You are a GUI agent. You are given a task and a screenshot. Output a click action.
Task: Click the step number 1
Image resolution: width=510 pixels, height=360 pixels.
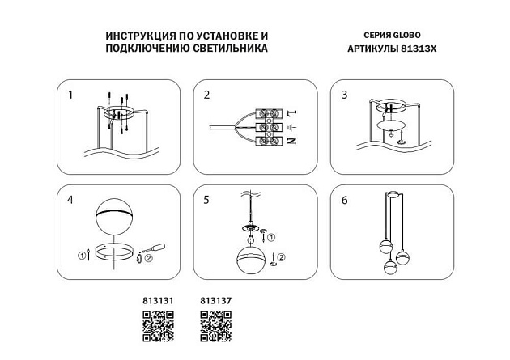[70, 95]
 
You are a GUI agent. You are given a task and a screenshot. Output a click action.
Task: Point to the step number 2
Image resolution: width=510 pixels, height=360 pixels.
[207, 95]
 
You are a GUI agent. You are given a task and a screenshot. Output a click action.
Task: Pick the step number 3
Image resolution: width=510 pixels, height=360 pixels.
[345, 95]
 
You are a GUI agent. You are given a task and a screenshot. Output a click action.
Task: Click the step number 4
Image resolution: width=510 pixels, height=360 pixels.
[70, 199]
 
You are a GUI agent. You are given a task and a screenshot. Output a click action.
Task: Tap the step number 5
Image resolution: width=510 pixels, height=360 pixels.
[207, 199]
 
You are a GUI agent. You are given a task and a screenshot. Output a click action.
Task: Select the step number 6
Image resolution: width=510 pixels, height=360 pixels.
[345, 199]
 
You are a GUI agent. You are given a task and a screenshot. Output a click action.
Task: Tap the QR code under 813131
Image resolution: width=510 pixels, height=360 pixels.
[158, 327]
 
